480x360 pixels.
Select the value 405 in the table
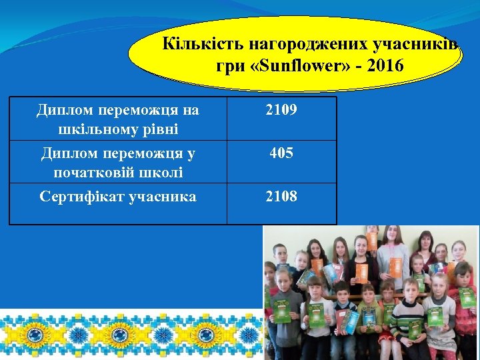[x=281, y=153]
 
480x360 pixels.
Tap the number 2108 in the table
[x=281, y=196]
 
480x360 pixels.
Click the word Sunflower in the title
[x=291, y=67]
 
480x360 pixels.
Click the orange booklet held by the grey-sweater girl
[x=362, y=273]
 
